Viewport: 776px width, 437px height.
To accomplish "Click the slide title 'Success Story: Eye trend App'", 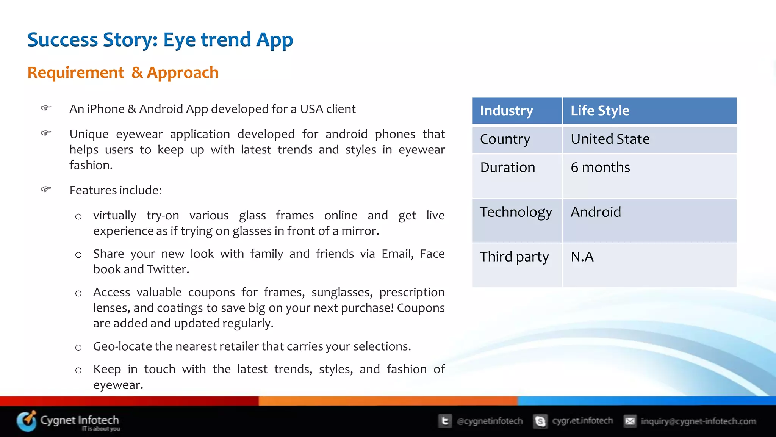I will click(160, 40).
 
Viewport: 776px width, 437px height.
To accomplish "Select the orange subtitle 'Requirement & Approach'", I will click(123, 72).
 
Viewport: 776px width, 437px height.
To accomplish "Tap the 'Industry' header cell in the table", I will click(506, 111).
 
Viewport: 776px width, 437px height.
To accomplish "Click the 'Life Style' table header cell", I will click(600, 111).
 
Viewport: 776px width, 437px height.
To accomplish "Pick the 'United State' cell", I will click(610, 139).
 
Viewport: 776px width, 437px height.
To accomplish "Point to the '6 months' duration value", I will click(600, 168).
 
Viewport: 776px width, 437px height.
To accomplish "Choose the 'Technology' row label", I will click(516, 212).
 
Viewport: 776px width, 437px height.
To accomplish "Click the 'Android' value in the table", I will click(596, 212).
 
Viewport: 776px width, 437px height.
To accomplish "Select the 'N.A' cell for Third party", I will click(582, 257).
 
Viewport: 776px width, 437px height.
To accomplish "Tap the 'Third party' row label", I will click(514, 257).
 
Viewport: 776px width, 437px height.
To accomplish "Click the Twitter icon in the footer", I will click(445, 421).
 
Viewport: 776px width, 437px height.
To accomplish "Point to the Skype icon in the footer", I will click(540, 421).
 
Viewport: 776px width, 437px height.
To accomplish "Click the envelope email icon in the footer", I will click(630, 421).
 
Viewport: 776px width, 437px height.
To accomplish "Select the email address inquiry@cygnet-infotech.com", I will click(698, 421).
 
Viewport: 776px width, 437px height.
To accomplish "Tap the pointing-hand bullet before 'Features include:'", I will click(46, 189).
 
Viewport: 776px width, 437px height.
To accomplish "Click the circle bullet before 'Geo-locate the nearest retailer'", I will click(78, 348).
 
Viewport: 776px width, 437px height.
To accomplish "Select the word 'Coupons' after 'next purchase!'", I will click(421, 308).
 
